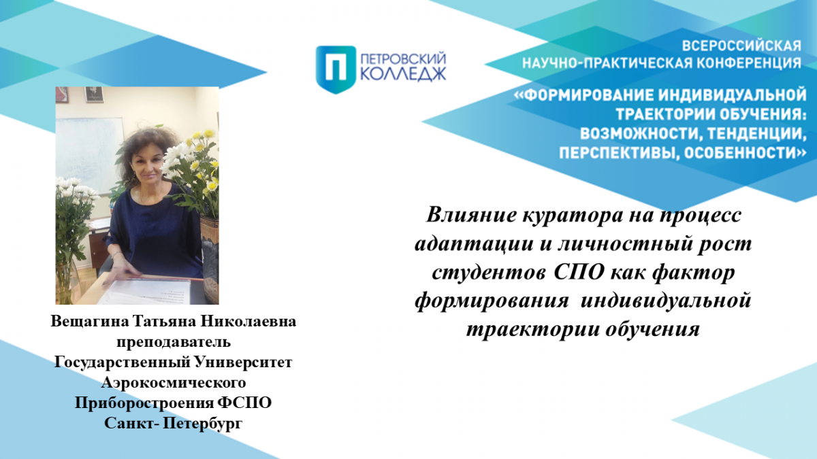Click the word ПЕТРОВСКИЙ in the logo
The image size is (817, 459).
403,58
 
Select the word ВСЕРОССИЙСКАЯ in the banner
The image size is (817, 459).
741,46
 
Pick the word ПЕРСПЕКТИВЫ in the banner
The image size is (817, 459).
615,154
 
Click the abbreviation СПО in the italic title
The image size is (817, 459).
574,273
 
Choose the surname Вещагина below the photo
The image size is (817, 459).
90,322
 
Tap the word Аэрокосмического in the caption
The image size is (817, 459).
174,383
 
